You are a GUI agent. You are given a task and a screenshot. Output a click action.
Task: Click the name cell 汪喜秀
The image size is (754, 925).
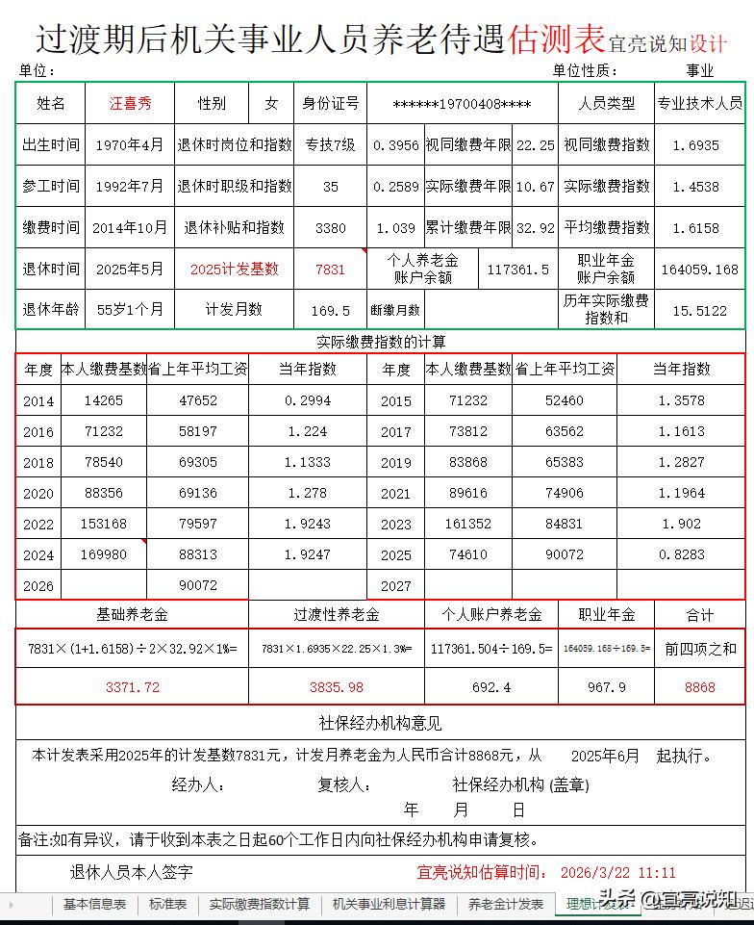(x=130, y=103)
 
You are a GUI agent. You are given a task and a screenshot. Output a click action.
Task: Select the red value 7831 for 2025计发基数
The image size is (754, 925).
(x=330, y=270)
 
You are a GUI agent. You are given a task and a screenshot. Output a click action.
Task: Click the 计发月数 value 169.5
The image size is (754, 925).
(x=330, y=310)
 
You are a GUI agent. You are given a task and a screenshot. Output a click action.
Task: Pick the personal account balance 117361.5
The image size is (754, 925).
(x=518, y=270)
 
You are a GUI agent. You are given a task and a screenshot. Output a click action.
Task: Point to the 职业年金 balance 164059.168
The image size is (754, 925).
(x=699, y=270)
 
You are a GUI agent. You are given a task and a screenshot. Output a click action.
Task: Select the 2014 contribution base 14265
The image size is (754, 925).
(x=103, y=400)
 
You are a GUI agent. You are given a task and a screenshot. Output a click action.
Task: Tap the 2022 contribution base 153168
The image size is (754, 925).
(x=103, y=525)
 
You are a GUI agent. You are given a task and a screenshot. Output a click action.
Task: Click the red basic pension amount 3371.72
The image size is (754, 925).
(x=133, y=687)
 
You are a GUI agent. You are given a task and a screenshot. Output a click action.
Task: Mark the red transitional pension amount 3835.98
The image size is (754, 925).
(x=337, y=687)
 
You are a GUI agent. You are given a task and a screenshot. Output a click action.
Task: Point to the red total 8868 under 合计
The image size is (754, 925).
(x=699, y=687)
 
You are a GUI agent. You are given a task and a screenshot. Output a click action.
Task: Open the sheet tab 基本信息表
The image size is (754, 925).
(x=94, y=905)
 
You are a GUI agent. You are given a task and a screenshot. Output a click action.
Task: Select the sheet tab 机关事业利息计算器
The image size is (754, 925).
(x=389, y=905)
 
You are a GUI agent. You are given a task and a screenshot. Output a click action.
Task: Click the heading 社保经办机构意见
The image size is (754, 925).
(x=380, y=723)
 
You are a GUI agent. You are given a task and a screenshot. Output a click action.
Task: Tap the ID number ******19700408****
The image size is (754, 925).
(x=462, y=104)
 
